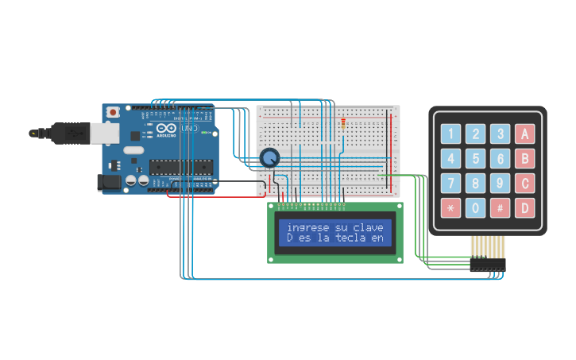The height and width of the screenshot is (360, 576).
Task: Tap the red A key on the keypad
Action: [x=524, y=134]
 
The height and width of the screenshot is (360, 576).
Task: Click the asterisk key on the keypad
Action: [x=451, y=209]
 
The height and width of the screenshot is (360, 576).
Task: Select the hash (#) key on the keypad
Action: [x=500, y=209]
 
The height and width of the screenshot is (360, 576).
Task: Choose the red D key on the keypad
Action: [x=524, y=209]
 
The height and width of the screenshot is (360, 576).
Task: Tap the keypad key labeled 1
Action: [x=451, y=134]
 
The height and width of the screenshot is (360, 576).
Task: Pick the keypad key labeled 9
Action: [x=500, y=184]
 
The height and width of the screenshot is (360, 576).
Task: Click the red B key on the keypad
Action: [x=524, y=159]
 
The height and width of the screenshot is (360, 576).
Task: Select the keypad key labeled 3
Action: [x=500, y=134]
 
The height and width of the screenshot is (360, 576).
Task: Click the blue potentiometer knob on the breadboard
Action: [x=270, y=157]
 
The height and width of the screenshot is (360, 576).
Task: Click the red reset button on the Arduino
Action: [x=114, y=113]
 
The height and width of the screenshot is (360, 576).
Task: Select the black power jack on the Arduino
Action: [x=109, y=183]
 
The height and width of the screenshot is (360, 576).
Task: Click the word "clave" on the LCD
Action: [x=367, y=227]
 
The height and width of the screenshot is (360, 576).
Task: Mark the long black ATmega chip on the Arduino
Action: [x=182, y=167]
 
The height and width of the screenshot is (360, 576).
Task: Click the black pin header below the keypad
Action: [x=486, y=263]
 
